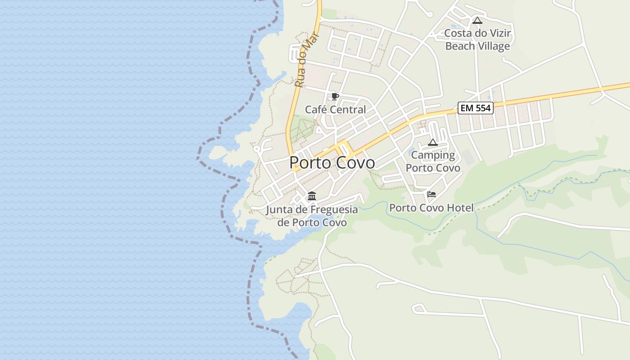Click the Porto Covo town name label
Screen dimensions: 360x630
[332, 162]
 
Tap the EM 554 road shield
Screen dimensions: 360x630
[476, 108]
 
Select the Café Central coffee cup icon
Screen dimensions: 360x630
[335, 96]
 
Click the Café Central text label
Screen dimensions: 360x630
[335, 109]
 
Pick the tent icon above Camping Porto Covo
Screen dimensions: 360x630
[433, 143]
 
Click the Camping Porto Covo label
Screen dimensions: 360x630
[433, 162]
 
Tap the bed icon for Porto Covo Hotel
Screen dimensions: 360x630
[432, 194]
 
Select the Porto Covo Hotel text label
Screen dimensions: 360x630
[431, 208]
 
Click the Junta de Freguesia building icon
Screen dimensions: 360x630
[311, 196]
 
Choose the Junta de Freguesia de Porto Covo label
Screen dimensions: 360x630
[312, 216]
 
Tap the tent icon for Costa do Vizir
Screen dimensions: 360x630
[477, 20]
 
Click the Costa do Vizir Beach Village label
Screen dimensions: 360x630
[477, 40]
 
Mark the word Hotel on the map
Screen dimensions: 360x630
[460, 208]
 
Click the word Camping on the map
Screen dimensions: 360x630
[433, 155]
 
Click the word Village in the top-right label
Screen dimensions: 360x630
[494, 46]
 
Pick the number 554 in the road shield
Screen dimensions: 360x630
[482, 108]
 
